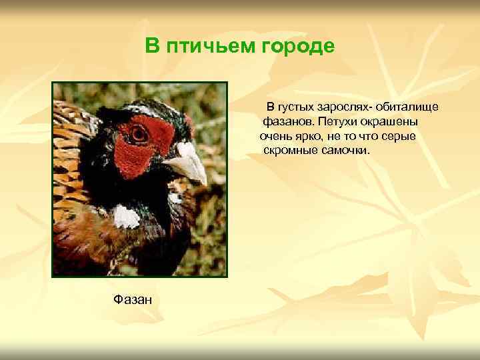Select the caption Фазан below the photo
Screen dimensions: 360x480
(x=133, y=300)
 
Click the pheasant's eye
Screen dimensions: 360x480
(x=139, y=133)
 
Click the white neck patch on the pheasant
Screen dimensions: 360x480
(x=126, y=216)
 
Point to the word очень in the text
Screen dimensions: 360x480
(x=274, y=137)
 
